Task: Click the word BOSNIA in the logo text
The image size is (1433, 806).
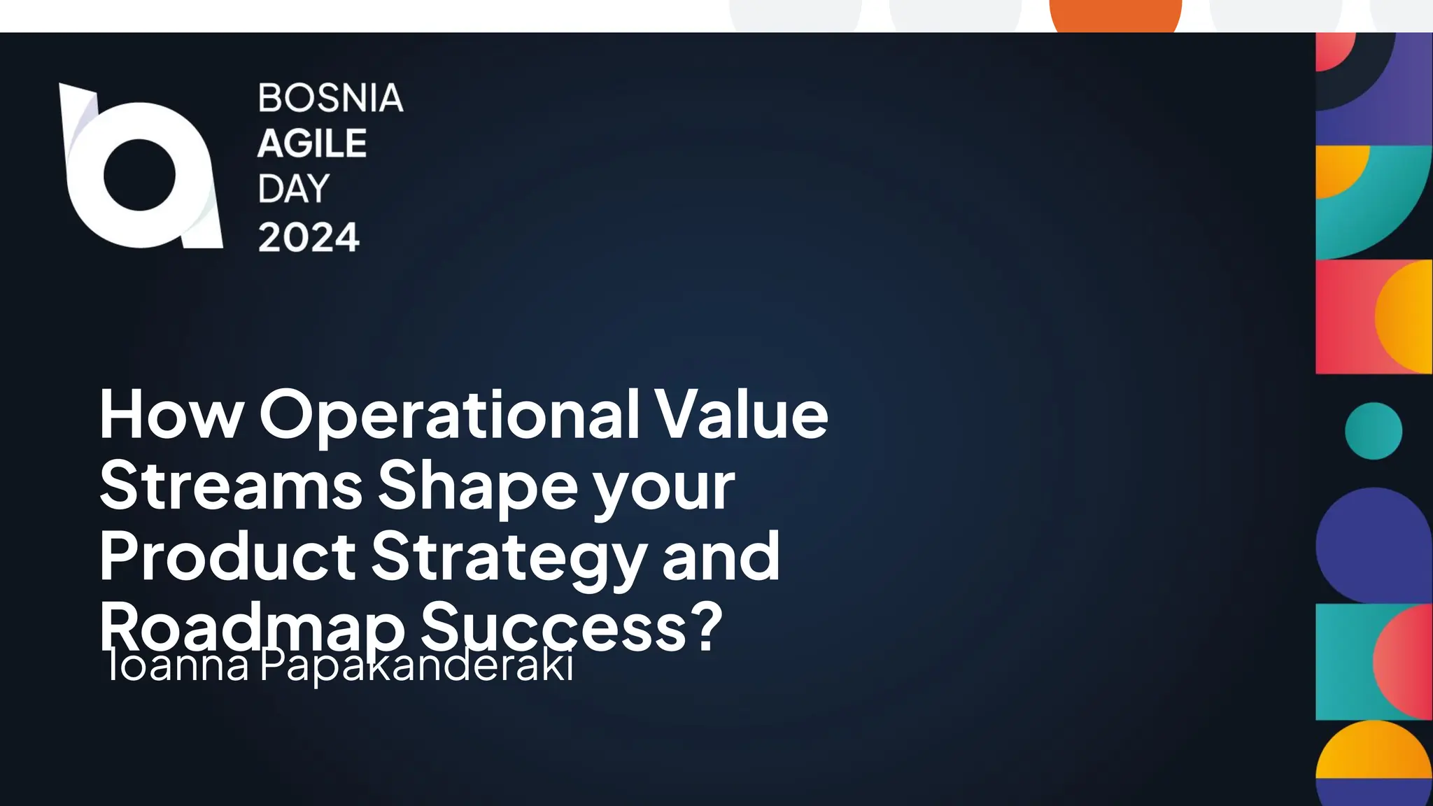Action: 330,98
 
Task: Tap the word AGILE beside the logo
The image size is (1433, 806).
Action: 312,144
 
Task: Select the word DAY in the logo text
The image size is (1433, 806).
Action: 293,189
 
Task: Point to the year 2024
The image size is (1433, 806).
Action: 309,237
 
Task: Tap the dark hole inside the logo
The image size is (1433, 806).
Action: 139,175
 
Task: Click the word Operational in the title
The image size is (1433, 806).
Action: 449,416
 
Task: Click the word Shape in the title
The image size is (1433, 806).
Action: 478,487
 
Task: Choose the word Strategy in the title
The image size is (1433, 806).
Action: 509,558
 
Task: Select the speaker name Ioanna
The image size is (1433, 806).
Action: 178,666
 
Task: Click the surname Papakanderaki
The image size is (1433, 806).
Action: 417,666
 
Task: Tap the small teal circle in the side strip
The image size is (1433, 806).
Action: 1373,431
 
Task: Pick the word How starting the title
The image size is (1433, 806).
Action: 171,416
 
